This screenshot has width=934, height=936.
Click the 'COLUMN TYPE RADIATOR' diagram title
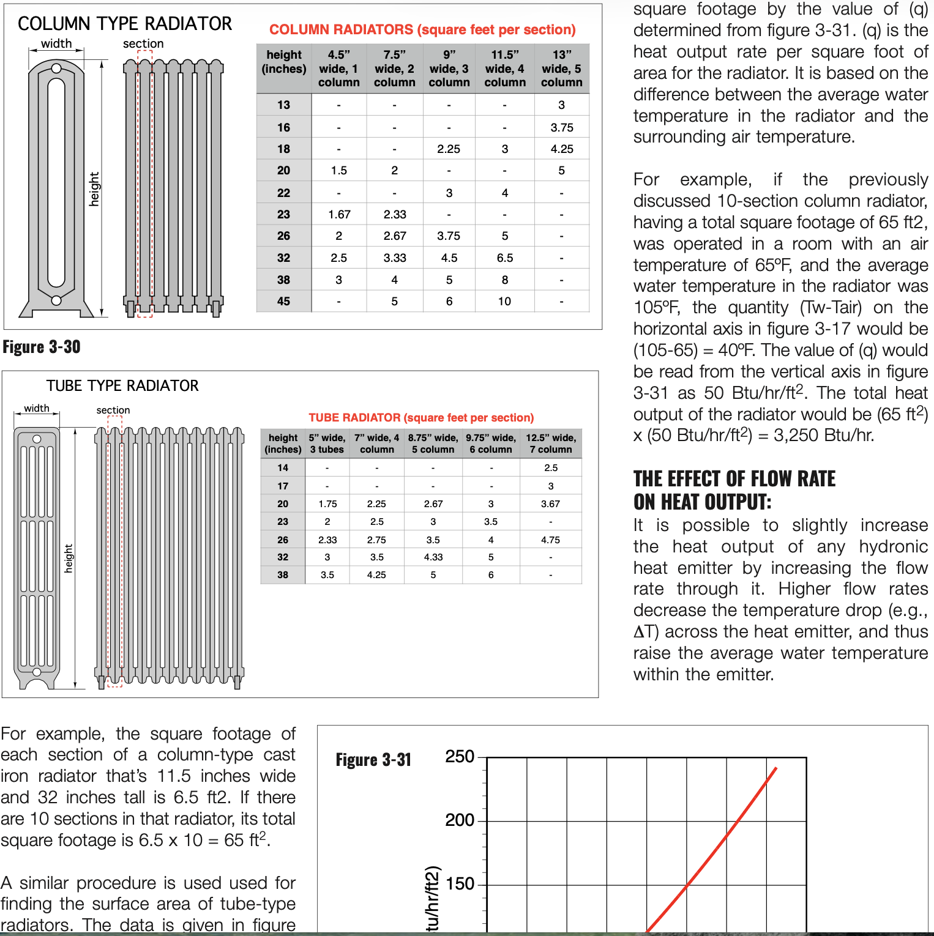(x=125, y=24)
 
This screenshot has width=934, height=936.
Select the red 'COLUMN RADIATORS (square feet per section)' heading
(x=422, y=30)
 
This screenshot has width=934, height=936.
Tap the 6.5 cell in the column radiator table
(x=505, y=258)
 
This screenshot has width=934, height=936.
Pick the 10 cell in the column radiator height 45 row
(x=504, y=302)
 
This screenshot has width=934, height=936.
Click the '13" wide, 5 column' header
(x=561, y=69)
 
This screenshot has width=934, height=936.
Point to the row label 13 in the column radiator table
(x=283, y=105)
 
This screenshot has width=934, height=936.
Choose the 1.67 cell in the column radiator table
(x=339, y=215)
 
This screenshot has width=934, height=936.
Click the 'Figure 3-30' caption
(x=42, y=347)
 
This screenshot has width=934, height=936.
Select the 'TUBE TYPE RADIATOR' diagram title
(x=122, y=386)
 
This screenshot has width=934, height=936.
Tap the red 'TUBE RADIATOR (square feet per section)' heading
(x=421, y=418)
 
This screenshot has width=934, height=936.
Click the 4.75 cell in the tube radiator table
(x=551, y=540)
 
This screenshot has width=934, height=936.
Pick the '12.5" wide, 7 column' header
(x=551, y=444)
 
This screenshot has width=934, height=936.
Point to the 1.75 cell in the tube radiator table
(x=327, y=504)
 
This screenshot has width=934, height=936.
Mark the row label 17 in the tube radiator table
(x=283, y=486)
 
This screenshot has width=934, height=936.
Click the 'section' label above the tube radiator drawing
(x=113, y=410)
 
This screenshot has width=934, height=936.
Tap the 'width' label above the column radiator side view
(x=56, y=43)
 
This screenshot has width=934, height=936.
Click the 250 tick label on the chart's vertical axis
(x=460, y=757)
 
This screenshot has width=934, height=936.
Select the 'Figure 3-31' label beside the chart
(x=373, y=760)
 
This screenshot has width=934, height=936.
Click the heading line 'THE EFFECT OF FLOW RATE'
(x=734, y=479)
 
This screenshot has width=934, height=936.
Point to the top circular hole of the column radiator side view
(x=56, y=69)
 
